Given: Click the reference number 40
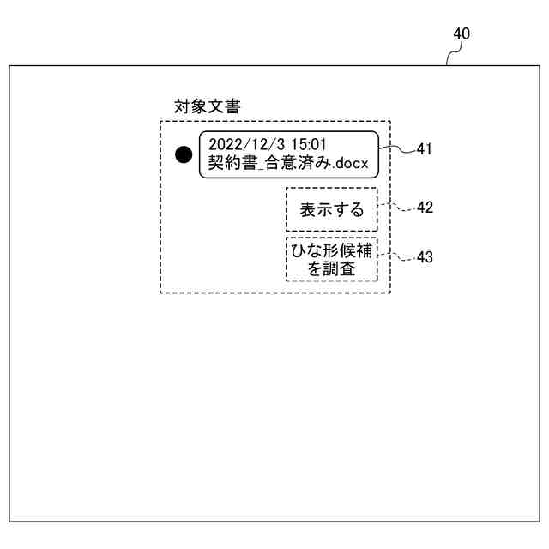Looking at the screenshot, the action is tap(462, 34).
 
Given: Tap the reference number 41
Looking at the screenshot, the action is tap(424, 149).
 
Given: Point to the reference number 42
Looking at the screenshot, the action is tap(425, 208).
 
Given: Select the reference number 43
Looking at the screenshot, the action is tap(425, 257).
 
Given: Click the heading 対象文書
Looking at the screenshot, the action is tap(207, 107).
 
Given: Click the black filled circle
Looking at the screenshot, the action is tap(184, 154).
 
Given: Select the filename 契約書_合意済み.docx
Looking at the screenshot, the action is tap(287, 163).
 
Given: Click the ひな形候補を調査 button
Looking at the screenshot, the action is tap(331, 259).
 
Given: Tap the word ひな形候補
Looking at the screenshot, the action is tap(331, 250).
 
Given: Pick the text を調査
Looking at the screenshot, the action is tap(331, 268).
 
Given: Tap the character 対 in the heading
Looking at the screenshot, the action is tap(181, 107).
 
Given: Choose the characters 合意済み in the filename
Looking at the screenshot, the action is tap(299, 163).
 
